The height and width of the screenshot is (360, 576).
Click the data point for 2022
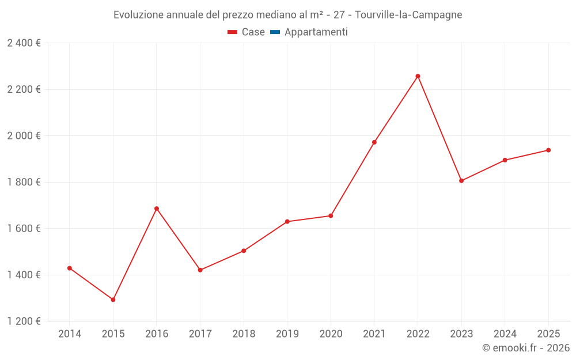(418, 76)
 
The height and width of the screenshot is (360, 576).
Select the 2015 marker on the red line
(113, 300)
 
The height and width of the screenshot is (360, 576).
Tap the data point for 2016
(157, 209)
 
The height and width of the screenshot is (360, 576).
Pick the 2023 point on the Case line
(461, 181)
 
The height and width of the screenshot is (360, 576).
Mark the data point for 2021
(374, 142)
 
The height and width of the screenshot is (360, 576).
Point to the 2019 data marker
(287, 222)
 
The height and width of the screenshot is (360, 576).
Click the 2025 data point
(548, 150)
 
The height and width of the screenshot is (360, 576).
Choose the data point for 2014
(70, 268)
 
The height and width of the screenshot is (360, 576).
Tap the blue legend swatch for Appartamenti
(275, 32)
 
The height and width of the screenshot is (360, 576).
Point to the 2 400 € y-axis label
(24, 43)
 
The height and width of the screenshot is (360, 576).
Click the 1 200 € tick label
(24, 321)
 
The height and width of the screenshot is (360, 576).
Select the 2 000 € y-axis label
(24, 136)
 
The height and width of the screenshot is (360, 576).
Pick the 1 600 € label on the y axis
(24, 229)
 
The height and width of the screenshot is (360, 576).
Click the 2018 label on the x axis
(244, 334)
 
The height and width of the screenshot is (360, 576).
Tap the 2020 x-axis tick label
(331, 334)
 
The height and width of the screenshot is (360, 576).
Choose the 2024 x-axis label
(505, 334)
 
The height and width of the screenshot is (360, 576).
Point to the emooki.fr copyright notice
(525, 348)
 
